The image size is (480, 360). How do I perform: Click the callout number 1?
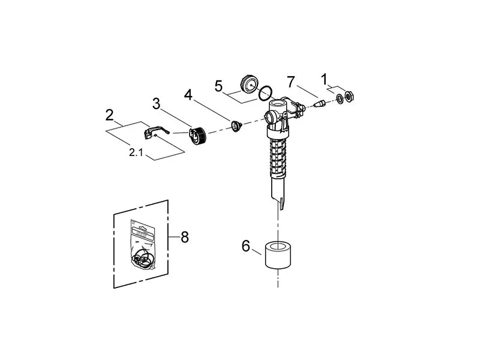pos(324,78)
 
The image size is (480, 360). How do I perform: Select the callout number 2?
pos(110,114)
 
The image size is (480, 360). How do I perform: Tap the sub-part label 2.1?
pos(136,153)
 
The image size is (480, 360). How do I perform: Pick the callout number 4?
pos(188,95)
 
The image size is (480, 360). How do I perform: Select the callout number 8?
pos(184,237)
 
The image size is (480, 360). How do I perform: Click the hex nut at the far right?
pos(350,97)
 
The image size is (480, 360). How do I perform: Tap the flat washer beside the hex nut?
pos(340,98)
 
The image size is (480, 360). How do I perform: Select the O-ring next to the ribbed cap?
pos(265,93)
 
